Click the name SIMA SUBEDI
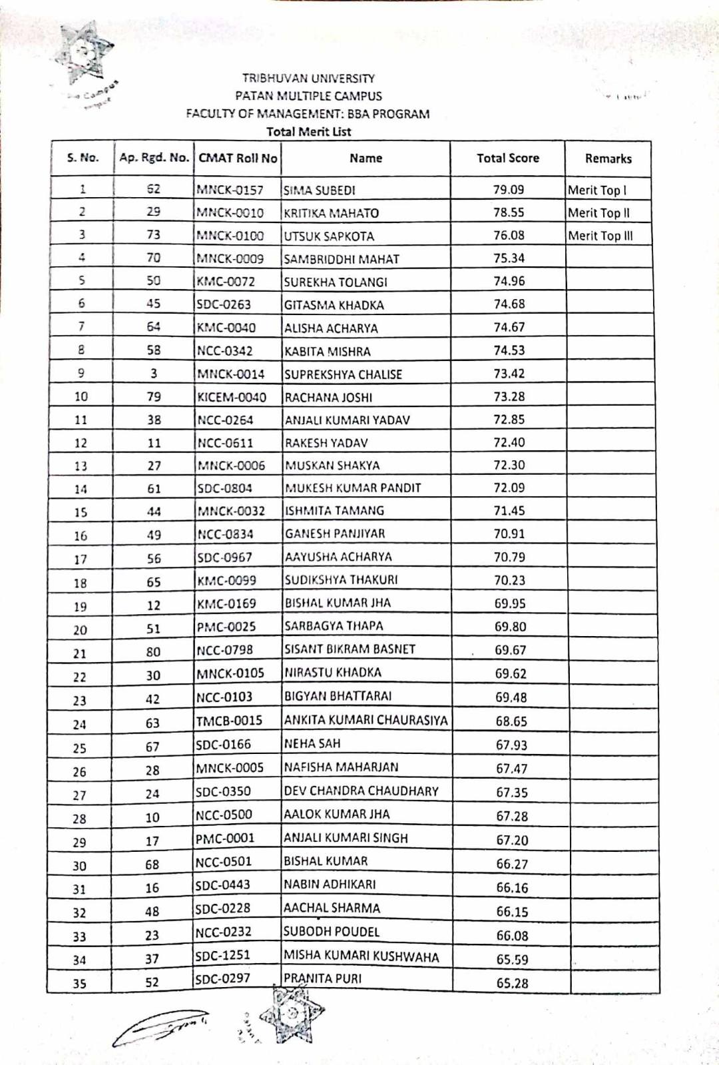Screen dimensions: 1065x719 click(320, 190)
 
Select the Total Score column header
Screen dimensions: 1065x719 click(507, 158)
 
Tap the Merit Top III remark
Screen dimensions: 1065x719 click(600, 236)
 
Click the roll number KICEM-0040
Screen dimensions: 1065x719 click(231, 397)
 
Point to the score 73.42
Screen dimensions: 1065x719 click(509, 374)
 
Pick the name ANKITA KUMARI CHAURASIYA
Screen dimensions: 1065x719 click(365, 720)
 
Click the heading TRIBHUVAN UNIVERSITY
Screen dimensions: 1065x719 click(308, 78)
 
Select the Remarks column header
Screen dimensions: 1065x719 click(608, 159)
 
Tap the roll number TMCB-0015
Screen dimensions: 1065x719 click(229, 720)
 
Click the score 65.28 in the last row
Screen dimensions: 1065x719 click(512, 983)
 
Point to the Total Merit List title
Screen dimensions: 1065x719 click(308, 132)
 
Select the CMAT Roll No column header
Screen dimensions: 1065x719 click(238, 158)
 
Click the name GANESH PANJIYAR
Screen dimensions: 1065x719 click(335, 533)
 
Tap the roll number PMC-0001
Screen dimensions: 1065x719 click(225, 838)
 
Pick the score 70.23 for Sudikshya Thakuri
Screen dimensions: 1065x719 click(509, 580)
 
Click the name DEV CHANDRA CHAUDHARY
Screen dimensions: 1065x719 click(361, 791)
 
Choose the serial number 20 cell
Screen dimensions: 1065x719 click(80, 630)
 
